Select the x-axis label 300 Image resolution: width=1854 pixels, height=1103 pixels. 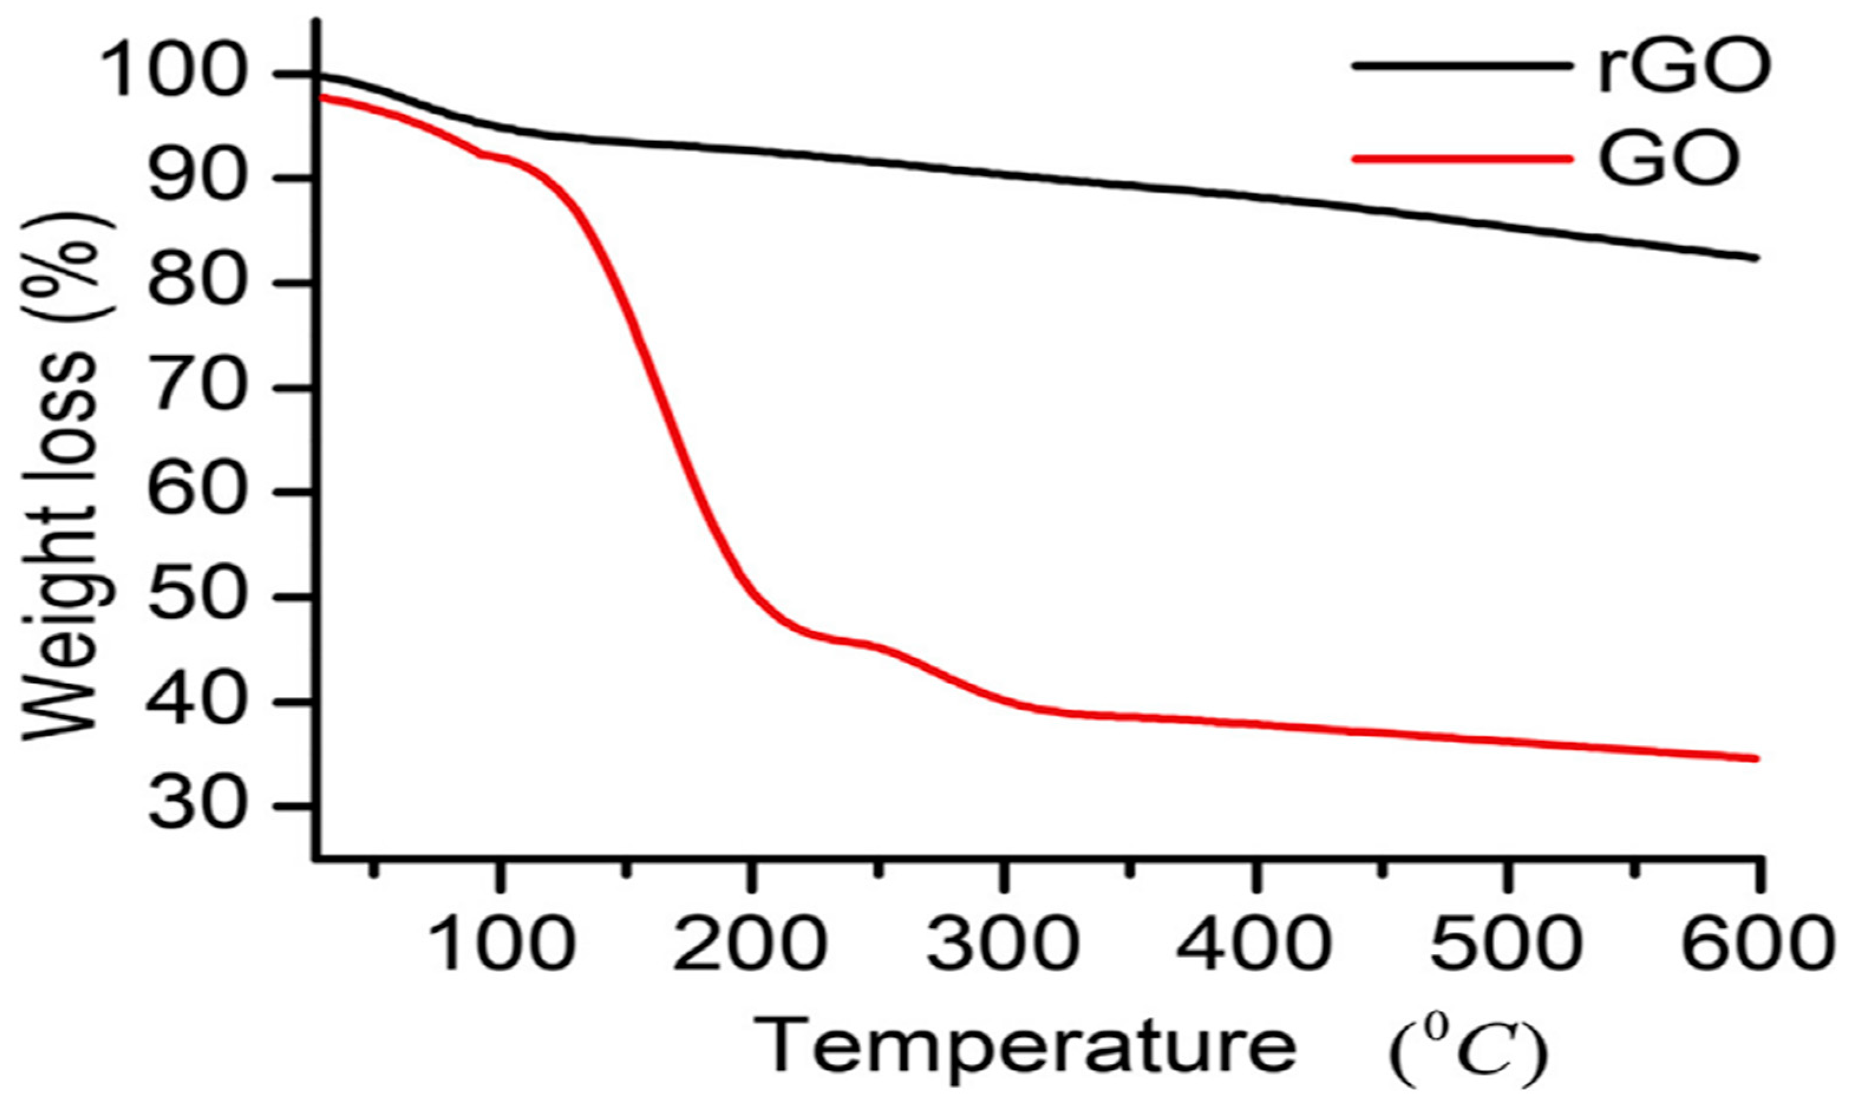click(x=1003, y=942)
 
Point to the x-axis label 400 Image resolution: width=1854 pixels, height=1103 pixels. click(x=1255, y=942)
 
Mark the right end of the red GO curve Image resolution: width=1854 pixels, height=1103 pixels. click(x=1756, y=758)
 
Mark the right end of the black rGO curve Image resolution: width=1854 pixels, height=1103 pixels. click(x=1756, y=258)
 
